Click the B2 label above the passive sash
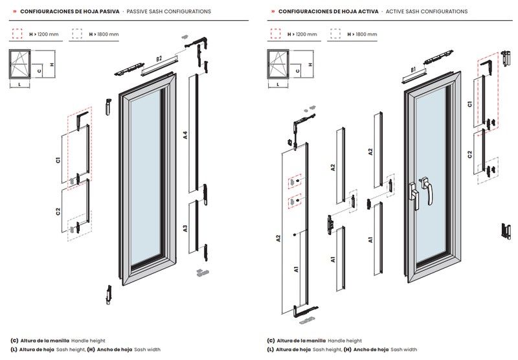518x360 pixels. click(159, 59)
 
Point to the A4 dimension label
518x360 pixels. click(185, 135)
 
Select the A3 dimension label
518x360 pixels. click(185, 228)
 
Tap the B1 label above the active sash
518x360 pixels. click(413, 70)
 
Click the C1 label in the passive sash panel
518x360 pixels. click(58, 160)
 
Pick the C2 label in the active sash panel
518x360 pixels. click(470, 154)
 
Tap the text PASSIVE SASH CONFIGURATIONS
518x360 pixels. click(169, 11)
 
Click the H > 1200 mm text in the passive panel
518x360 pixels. click(44, 34)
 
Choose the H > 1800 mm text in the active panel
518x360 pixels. click(362, 34)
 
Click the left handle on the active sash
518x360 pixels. click(414, 196)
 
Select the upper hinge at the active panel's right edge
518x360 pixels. click(506, 58)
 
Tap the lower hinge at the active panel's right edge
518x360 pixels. click(506, 231)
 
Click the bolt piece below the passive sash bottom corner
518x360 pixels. click(109, 295)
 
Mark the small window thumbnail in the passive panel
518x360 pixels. click(20, 64)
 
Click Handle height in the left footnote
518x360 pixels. click(88, 341)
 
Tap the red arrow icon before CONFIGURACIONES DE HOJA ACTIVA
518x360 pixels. click(273, 11)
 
